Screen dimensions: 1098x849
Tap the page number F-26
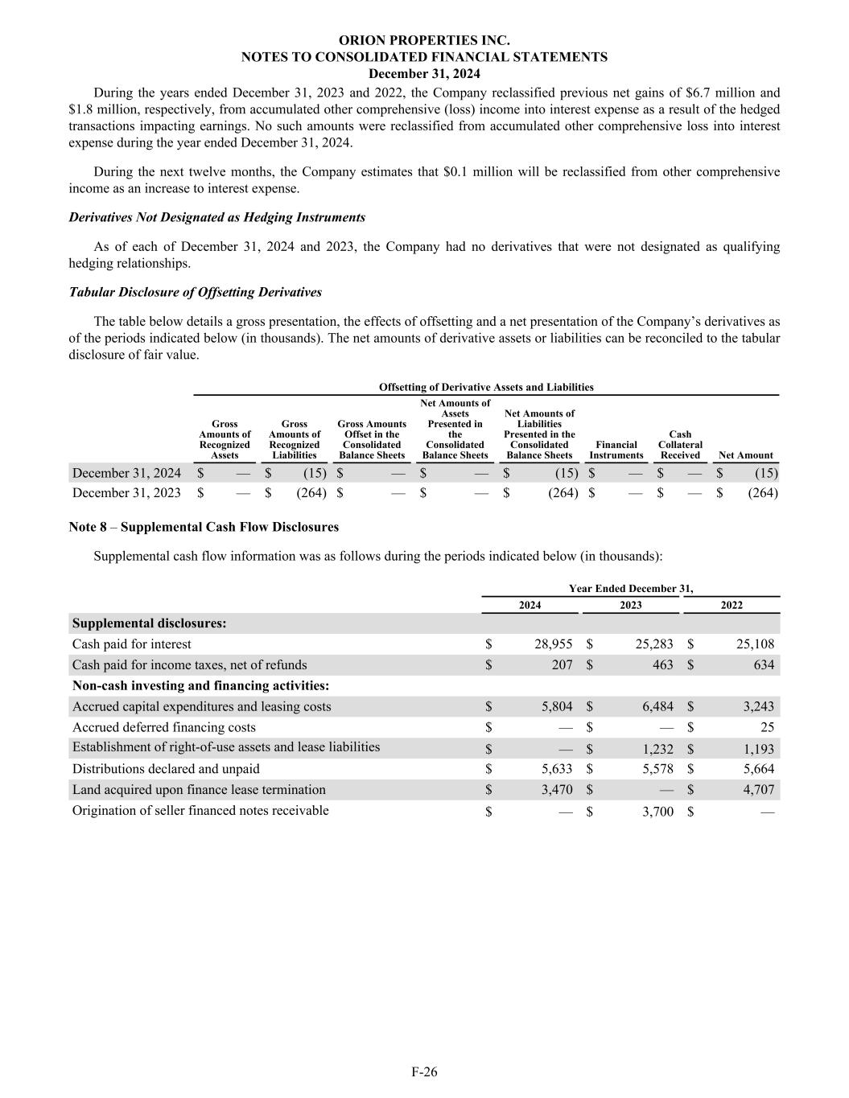pyautogui.click(x=424, y=1071)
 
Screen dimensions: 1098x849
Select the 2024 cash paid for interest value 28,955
pyautogui.click(x=553, y=644)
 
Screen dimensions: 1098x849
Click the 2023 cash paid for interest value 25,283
pyautogui.click(x=653, y=644)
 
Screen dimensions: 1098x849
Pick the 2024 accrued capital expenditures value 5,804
pyautogui.click(x=557, y=707)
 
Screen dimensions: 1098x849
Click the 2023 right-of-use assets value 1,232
pyautogui.click(x=657, y=749)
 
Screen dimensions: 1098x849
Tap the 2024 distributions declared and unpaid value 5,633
pyautogui.click(x=557, y=770)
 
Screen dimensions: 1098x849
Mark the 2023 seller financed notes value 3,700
pyautogui.click(x=657, y=812)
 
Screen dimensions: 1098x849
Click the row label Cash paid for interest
pyautogui.click(x=132, y=644)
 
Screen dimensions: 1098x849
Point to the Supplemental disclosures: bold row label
pyautogui.click(x=149, y=623)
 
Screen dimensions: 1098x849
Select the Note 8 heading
pyautogui.click(x=204, y=528)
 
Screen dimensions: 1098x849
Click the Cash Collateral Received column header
pyautogui.click(x=680, y=445)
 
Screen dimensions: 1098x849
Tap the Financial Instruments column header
pyautogui.click(x=616, y=450)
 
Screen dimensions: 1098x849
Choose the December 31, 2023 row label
pyautogui.click(x=126, y=493)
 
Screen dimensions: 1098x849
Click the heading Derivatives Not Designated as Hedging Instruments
pyautogui.click(x=217, y=218)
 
